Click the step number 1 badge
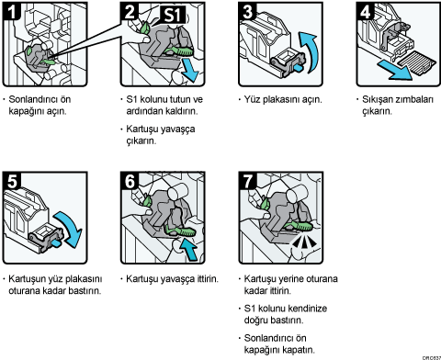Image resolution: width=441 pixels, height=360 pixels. [11, 11]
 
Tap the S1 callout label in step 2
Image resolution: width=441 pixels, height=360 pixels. [172, 15]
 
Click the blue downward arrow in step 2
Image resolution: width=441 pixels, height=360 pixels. [190, 71]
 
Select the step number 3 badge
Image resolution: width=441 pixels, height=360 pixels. [247, 11]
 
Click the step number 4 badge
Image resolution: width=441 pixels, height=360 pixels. [365, 11]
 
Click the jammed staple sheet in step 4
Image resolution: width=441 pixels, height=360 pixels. [416, 63]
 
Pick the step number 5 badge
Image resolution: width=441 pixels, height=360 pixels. [12, 181]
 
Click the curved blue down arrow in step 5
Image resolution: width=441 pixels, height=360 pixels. [71, 226]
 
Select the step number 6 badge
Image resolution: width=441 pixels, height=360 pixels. [130, 181]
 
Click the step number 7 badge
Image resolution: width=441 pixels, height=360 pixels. [247, 181]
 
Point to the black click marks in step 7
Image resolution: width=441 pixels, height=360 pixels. [304, 242]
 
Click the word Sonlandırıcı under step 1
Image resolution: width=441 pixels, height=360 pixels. [40, 99]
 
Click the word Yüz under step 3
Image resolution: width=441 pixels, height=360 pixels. [252, 99]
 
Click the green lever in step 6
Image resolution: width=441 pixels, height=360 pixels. [181, 231]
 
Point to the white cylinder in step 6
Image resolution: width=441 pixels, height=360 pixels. [177, 192]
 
